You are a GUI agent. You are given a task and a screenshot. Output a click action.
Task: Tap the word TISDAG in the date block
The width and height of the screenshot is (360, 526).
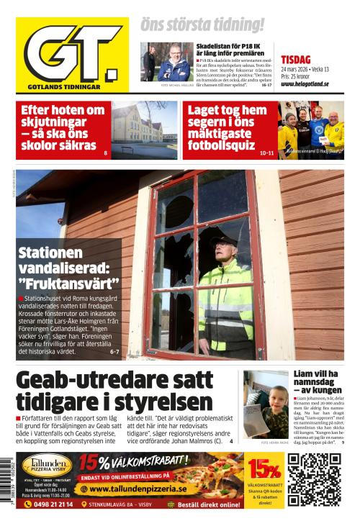[295, 60]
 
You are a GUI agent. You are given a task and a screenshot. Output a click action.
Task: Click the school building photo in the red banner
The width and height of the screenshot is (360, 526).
[144, 130]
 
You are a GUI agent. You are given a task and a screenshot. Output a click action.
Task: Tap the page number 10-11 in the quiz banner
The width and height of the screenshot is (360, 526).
[266, 153]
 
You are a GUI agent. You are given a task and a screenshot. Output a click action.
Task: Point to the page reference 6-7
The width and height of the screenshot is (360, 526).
[114, 352]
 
